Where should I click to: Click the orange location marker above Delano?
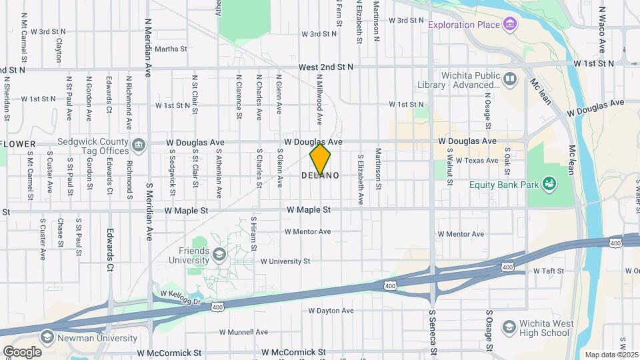click(320, 159)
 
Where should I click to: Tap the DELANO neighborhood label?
click(320, 176)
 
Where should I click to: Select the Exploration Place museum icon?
click(511, 25)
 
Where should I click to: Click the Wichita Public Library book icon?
click(510, 80)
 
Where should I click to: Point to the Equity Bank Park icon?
click(549, 183)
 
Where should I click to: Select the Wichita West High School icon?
click(509, 327)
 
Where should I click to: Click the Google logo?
click(22, 351)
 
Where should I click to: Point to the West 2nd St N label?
click(326, 67)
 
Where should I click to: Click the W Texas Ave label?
click(477, 161)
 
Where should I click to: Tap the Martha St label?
click(171, 49)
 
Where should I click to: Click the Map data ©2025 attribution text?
click(611, 355)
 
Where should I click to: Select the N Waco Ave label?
click(601, 30)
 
